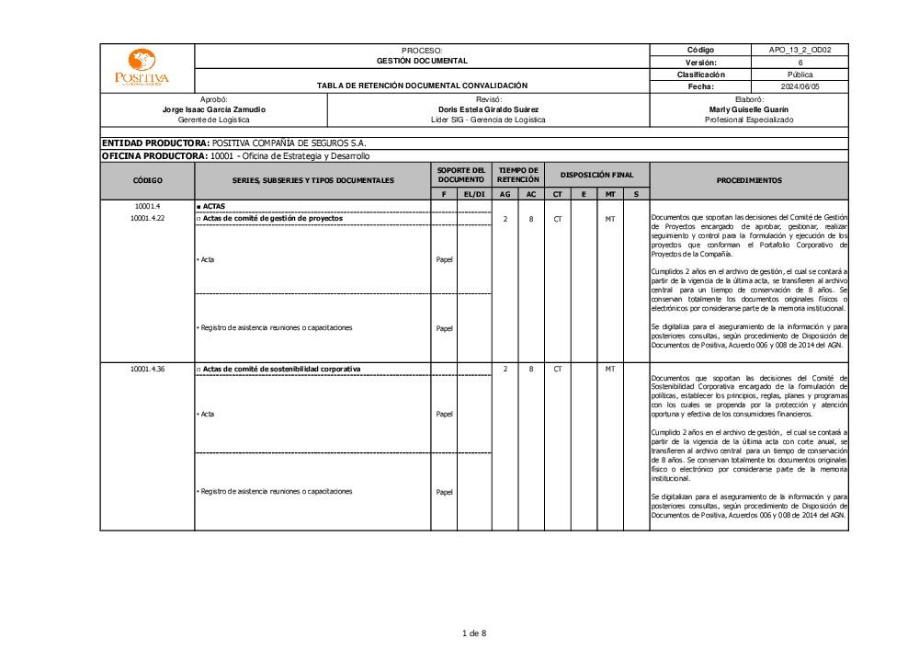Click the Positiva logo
pos(142,68)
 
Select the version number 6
pos(800,63)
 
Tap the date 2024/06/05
pos(800,86)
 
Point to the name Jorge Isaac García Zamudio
pos(213,109)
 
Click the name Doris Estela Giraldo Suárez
pos(488,109)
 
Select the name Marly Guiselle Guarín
pos(749,109)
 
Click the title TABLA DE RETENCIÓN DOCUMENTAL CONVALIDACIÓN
pos(422,86)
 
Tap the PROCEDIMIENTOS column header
pos(749,180)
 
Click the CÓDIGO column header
pos(147,180)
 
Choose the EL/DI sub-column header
pos(474,194)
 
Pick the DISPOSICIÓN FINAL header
pos(596,175)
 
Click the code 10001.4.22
pos(147,219)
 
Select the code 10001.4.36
pos(147,369)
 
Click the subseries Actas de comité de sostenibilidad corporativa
pos(281,369)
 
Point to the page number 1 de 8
pos(473,633)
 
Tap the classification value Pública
pos(800,74)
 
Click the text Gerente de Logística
pos(213,120)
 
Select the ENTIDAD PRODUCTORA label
pos(155,143)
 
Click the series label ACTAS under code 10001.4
pos(213,206)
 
